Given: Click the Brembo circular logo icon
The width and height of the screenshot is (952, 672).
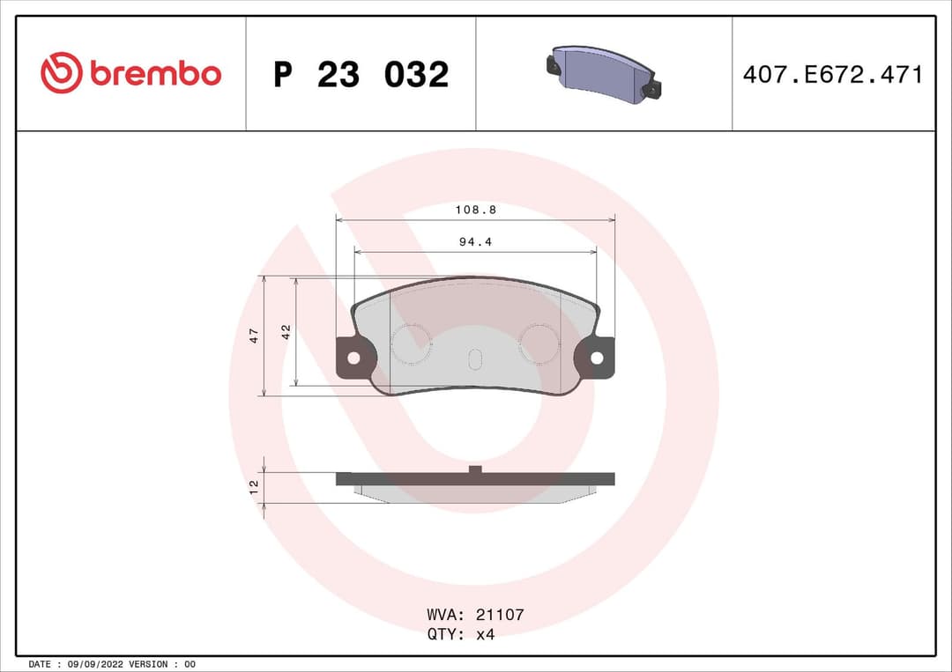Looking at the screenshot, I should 61,73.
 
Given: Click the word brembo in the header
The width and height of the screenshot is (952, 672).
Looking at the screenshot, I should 155,75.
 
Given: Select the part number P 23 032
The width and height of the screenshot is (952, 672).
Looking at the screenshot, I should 361,75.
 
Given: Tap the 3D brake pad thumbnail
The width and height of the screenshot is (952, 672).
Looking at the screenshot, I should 604,71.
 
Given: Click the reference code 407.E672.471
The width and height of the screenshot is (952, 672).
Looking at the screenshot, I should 832,75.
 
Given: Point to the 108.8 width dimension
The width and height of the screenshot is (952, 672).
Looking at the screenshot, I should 475,210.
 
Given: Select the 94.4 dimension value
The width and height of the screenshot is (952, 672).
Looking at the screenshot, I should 475,241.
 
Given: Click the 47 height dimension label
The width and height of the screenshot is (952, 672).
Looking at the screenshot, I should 254,335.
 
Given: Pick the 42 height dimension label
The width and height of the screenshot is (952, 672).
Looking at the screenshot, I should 286,332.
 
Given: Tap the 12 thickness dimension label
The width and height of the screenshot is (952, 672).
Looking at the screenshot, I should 254,486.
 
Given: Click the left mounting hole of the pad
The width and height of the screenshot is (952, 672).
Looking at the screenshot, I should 353,358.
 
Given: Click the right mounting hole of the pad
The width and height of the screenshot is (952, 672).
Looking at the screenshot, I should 597,358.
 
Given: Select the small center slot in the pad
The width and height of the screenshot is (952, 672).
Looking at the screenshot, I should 474,359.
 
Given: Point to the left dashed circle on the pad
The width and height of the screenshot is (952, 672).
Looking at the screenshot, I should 411,343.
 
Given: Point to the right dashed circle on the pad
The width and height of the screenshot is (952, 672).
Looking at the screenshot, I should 539,343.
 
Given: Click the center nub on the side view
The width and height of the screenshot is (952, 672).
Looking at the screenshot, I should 475,470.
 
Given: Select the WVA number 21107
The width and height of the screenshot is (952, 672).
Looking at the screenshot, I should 499,615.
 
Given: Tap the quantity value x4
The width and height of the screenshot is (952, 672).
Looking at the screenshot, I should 485,634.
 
